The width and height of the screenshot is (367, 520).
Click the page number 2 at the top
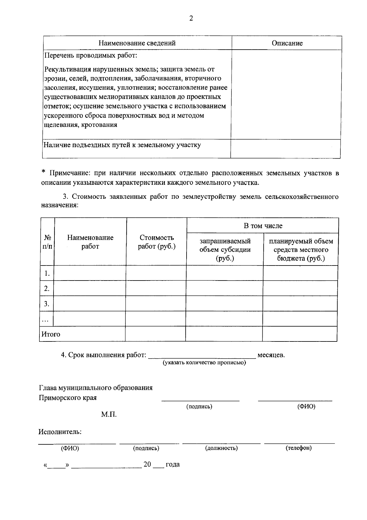[191, 19]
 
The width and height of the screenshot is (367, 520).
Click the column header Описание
[287, 43]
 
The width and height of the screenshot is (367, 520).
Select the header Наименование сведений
[137, 43]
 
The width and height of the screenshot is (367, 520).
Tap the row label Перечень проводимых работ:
[91, 56]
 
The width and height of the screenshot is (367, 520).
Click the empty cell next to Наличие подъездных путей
[286, 149]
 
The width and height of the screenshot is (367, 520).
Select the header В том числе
[263, 226]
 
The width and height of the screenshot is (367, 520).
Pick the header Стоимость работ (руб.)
[157, 242]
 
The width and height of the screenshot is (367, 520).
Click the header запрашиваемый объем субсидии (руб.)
[225, 250]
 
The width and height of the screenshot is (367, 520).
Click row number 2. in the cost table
[47, 288]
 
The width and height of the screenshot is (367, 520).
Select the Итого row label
[51, 334]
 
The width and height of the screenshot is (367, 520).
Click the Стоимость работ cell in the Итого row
[156, 334]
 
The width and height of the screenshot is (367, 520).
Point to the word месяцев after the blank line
[271, 355]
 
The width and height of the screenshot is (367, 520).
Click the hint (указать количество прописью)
[204, 363]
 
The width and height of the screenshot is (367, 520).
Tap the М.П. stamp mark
[109, 415]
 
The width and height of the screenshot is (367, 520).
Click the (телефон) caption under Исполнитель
[298, 448]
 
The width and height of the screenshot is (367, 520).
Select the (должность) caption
[221, 448]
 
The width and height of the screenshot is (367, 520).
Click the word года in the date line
[172, 465]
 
